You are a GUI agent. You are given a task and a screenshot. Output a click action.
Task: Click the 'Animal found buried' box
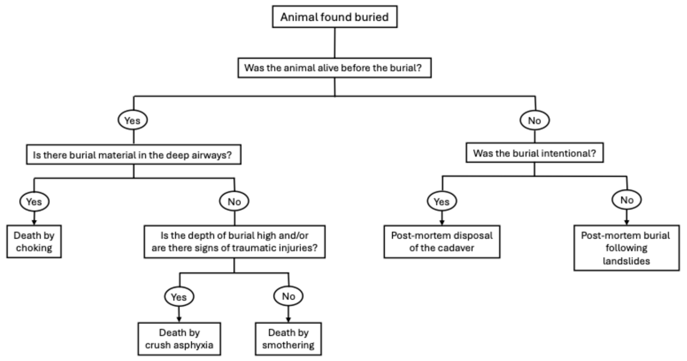point(335,17)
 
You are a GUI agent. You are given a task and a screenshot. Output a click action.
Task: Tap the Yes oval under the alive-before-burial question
point(133,120)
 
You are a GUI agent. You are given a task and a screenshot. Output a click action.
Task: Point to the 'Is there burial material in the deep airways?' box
point(134,154)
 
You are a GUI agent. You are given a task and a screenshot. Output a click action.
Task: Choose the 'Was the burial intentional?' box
point(535,153)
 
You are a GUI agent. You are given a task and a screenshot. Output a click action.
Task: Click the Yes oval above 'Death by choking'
point(34,201)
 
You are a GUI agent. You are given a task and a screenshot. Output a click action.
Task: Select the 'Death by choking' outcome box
point(34,241)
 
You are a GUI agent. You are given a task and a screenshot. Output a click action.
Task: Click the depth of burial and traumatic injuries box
point(235,242)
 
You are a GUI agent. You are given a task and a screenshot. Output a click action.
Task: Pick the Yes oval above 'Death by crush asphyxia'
point(179,297)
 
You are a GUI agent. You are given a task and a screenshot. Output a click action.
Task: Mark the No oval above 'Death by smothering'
point(288,296)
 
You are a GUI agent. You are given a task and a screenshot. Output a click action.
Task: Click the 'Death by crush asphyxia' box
point(179,339)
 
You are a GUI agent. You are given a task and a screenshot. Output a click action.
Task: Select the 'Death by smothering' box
point(288,339)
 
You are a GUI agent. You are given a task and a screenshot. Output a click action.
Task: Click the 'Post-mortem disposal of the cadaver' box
point(442,242)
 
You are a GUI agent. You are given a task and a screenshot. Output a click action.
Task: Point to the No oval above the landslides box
point(627,200)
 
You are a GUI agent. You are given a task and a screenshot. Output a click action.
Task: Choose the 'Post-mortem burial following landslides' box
point(627,248)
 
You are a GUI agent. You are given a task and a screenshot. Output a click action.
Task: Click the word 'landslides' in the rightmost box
point(627,261)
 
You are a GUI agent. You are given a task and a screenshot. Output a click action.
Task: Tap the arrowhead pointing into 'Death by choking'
point(34,222)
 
